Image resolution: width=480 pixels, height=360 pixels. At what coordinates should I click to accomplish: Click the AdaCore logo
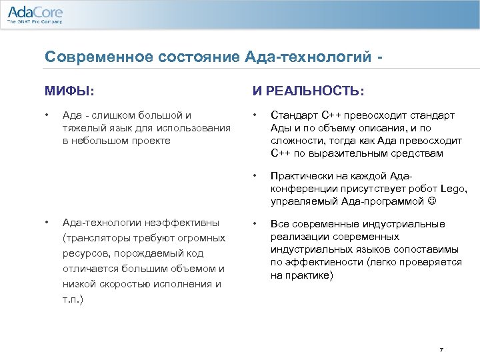click(x=34, y=11)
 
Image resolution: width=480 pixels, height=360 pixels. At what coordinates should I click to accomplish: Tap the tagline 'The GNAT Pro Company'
click(x=34, y=22)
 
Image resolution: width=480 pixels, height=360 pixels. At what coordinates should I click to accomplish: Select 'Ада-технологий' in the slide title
click(x=315, y=57)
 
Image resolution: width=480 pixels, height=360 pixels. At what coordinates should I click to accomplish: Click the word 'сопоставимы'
click(x=435, y=249)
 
